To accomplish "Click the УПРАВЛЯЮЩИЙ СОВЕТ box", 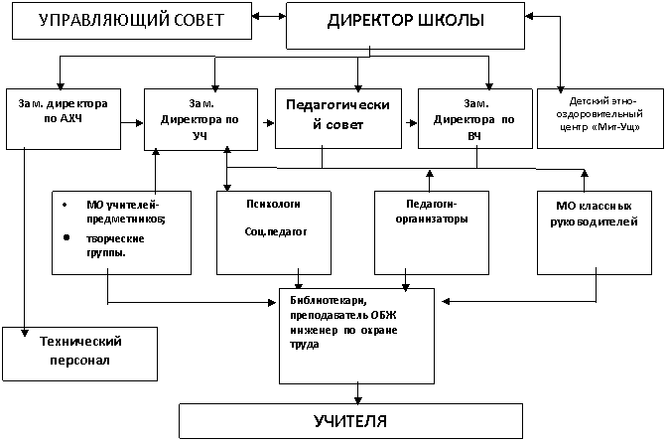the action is pos(132,21).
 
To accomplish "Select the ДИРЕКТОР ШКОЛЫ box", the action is pos(405,26).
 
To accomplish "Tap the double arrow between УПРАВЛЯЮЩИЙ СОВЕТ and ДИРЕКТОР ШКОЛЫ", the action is pos(269,16).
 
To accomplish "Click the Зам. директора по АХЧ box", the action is pos(64,119).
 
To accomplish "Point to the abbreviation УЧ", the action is pos(200,136).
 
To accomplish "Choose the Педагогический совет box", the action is pos(338,118).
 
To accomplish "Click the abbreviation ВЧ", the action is pos(474,137).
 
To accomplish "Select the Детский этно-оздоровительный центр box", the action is pos(600,118).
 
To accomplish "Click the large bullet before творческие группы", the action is pos(67,237).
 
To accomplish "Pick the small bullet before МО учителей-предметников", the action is pos(65,205).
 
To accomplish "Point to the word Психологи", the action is pos(273,204).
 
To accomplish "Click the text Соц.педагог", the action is pos(275,231).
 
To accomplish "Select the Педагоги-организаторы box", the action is pos(432,232).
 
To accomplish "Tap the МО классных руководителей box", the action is pos(595,232).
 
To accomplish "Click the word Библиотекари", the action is pos(329,300).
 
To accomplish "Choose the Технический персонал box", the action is pos(79,354).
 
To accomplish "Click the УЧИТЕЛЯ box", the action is pos(350,421).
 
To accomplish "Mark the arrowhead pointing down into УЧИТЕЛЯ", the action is pos(357,400).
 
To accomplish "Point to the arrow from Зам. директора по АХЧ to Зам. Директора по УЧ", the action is pos(132,123).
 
